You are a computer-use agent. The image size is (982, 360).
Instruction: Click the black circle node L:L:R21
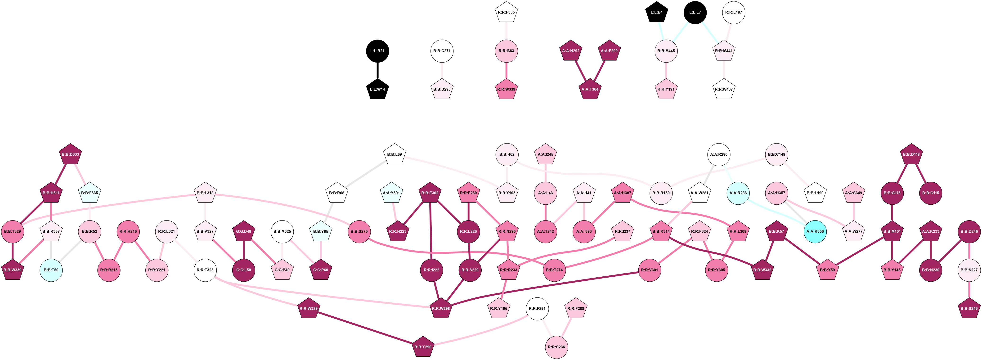point(377,51)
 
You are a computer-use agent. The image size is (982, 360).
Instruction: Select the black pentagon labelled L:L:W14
point(377,90)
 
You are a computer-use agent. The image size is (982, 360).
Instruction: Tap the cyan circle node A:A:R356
point(815,231)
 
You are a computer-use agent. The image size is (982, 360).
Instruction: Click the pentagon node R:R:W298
point(441,309)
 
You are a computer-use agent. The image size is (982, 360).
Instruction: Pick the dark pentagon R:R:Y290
point(423,347)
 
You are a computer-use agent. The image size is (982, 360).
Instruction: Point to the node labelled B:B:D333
point(71,154)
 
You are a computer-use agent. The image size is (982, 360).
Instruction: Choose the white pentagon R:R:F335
point(506,12)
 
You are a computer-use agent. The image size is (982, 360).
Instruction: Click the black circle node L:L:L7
point(695,12)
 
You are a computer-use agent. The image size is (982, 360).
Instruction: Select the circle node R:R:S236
point(556,347)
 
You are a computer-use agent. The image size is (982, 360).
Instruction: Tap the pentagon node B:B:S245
point(969,309)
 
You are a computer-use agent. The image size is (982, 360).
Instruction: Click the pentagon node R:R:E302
point(430,193)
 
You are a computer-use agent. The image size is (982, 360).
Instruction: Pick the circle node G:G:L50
point(244,270)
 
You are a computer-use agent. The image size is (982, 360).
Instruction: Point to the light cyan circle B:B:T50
point(51,270)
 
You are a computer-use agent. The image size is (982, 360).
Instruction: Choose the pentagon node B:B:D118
point(911,154)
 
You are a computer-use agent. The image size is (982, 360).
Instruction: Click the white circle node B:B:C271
point(442,51)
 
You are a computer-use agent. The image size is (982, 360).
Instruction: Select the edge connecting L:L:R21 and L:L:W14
point(377,70)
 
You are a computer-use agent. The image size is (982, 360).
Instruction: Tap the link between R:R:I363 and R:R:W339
point(506,70)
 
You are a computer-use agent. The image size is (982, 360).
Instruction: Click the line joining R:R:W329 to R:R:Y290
point(366,328)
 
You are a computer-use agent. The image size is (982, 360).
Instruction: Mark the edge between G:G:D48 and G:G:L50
point(244,251)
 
